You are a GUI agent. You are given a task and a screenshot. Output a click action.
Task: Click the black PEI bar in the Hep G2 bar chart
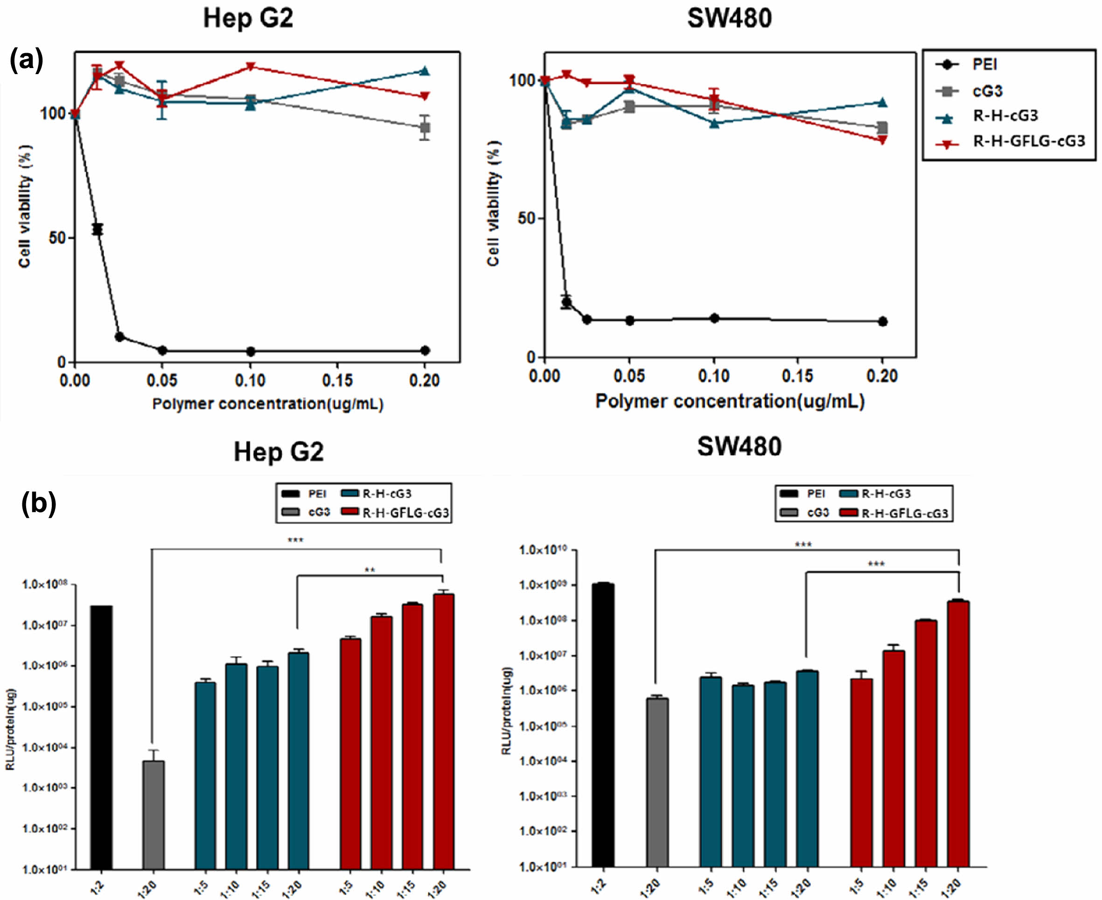[x=101, y=736]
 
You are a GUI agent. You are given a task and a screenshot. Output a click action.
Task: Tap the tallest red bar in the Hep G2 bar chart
[x=444, y=731]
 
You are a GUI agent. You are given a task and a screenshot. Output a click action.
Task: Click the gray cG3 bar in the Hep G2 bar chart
[x=153, y=814]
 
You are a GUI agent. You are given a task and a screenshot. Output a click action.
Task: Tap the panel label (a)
[x=26, y=61]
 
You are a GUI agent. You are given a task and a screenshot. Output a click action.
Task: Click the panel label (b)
[x=38, y=503]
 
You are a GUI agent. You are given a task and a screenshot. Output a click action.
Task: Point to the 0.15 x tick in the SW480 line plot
[x=797, y=376]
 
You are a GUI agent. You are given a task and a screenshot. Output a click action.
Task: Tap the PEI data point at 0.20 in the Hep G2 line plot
[x=425, y=350]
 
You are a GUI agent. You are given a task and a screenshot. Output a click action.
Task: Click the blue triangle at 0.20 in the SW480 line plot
[x=882, y=103]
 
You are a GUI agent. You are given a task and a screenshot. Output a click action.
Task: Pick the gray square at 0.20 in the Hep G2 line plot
[x=425, y=128]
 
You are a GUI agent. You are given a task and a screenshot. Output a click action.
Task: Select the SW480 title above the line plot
[x=729, y=19]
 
